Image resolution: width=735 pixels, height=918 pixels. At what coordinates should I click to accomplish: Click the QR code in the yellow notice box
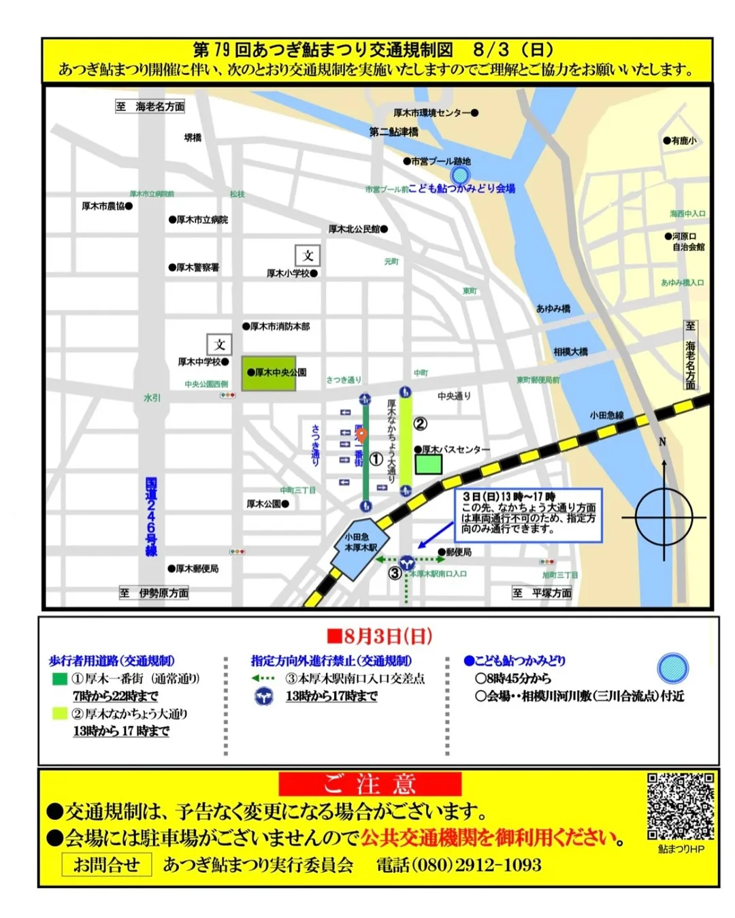click(680, 807)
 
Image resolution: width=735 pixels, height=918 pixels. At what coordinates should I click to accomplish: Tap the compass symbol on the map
click(664, 517)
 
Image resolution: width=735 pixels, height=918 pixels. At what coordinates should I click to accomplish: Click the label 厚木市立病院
click(199, 220)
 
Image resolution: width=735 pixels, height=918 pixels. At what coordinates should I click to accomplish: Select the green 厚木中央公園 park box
click(269, 373)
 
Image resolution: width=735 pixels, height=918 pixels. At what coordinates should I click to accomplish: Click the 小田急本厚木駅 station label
click(360, 542)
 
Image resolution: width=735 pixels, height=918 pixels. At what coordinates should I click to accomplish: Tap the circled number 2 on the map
click(421, 424)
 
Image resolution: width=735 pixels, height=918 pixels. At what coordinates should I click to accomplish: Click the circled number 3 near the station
click(395, 573)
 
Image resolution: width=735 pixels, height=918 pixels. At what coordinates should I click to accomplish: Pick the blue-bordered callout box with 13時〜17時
click(528, 514)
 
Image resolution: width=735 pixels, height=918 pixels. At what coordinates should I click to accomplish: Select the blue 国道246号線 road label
click(151, 517)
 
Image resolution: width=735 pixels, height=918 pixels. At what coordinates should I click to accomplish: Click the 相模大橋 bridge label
click(570, 352)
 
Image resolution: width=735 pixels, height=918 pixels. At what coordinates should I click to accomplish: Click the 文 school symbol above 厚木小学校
click(308, 256)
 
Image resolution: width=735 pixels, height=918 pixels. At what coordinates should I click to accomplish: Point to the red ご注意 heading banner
click(370, 784)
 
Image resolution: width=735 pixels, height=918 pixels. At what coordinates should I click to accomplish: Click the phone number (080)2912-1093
click(459, 865)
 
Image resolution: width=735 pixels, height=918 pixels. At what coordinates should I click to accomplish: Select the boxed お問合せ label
click(106, 865)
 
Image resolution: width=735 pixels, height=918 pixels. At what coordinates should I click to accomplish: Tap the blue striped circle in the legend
click(672, 668)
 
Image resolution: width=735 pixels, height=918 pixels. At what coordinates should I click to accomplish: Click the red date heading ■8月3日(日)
click(379, 636)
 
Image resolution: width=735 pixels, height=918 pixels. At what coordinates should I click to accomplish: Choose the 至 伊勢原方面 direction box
click(154, 593)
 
